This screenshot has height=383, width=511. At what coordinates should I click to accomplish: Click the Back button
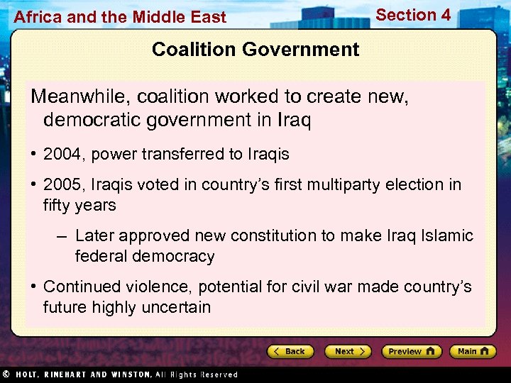click(x=290, y=351)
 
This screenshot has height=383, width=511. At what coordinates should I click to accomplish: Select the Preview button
click(x=411, y=351)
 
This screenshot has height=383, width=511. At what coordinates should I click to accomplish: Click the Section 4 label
click(x=413, y=15)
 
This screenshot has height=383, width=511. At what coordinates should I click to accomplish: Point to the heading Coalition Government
click(x=255, y=50)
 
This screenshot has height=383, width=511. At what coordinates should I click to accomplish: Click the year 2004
click(x=62, y=154)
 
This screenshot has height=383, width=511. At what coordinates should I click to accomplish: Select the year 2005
click(x=62, y=185)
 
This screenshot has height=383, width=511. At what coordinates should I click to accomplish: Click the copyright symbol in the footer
click(x=6, y=374)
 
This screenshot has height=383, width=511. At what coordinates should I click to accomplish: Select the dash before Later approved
click(x=62, y=235)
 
